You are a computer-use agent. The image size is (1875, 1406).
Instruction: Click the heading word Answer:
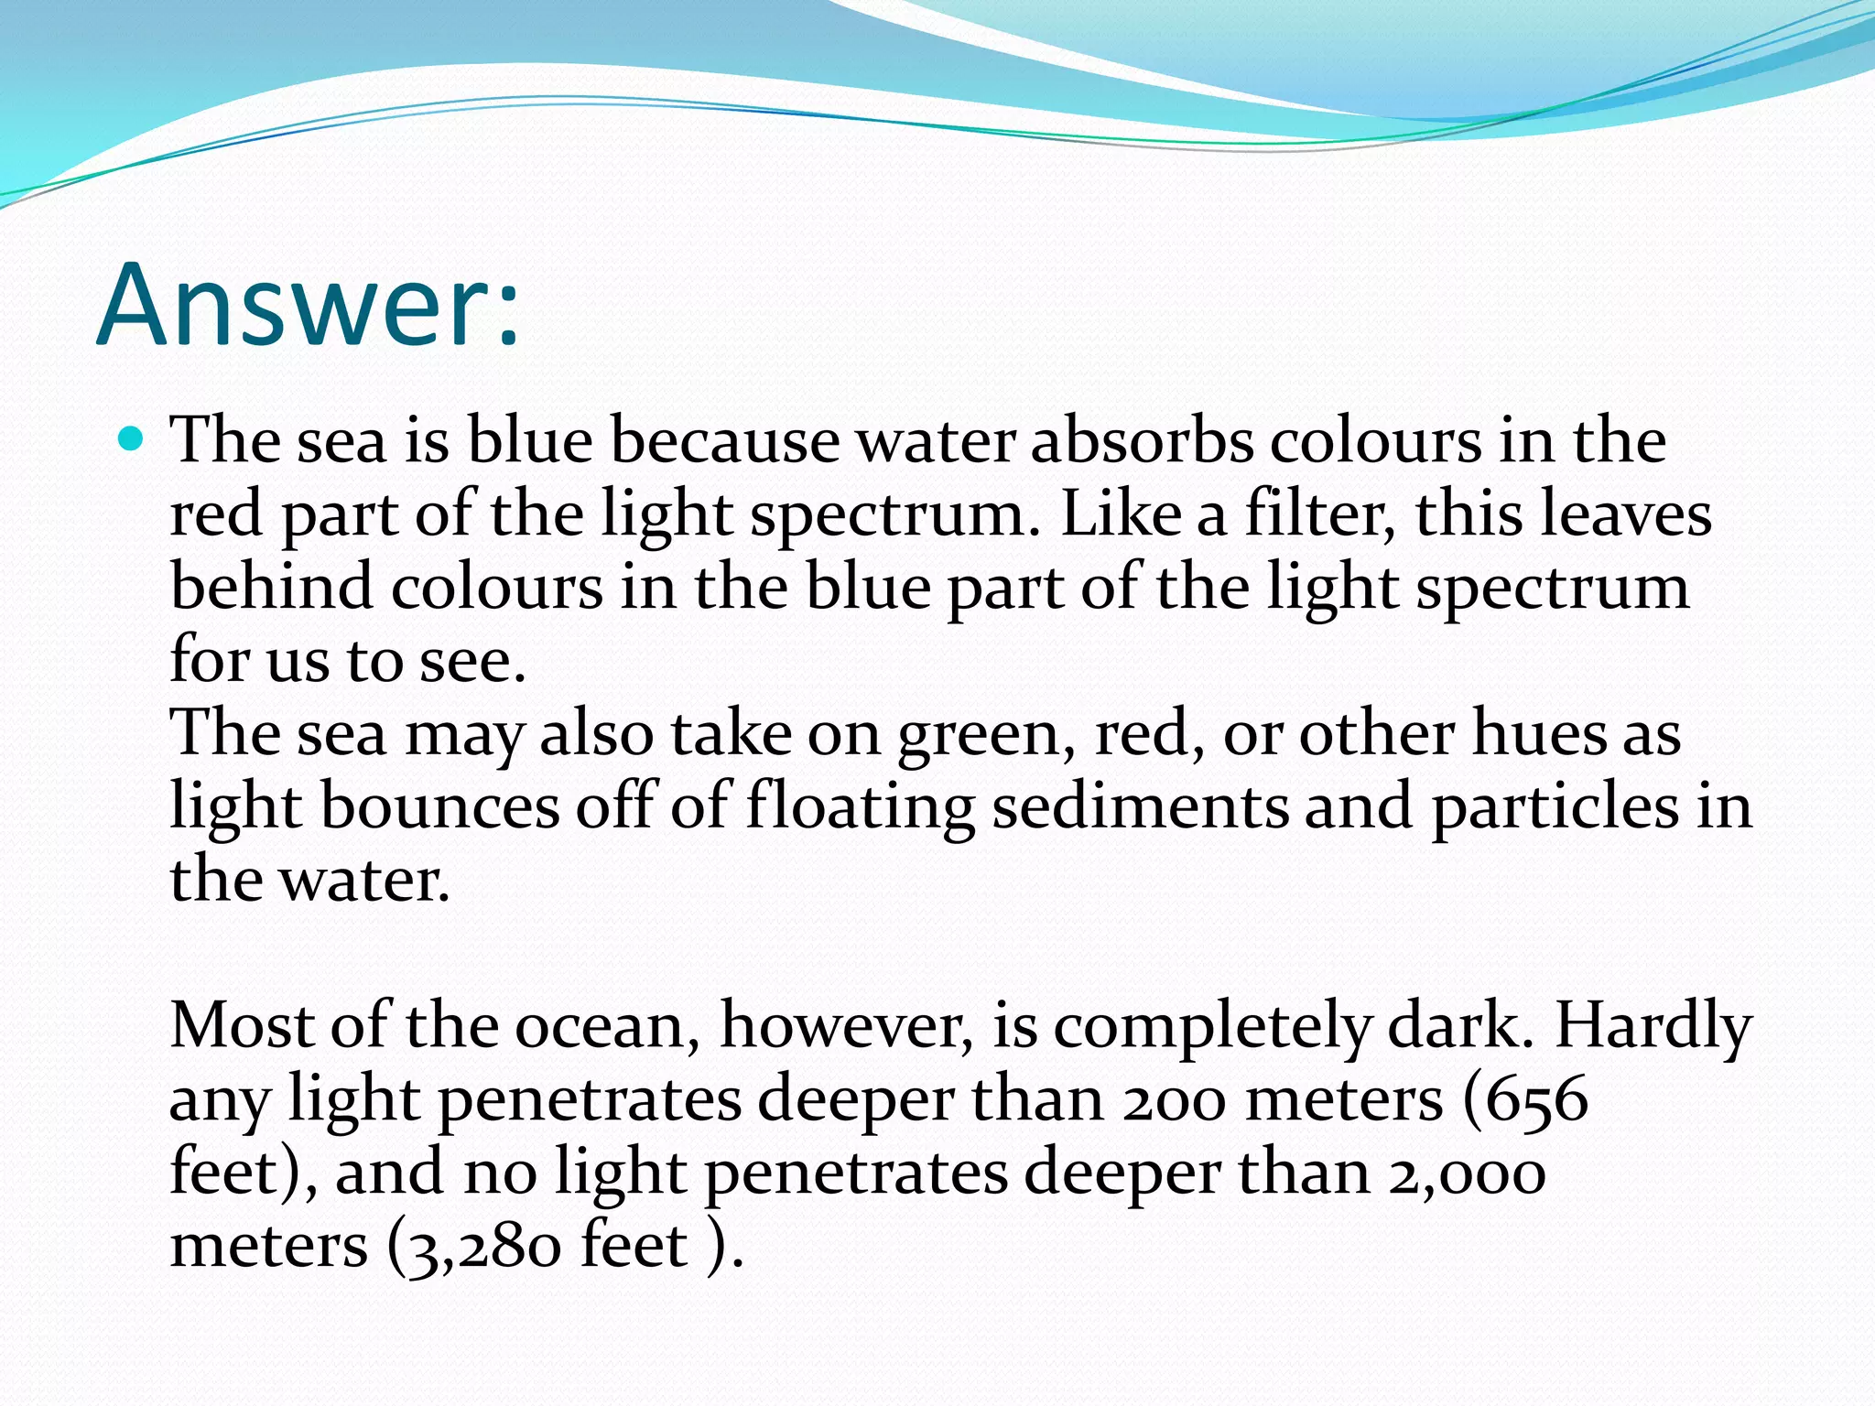click(x=308, y=305)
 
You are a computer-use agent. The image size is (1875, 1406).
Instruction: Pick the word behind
click(x=271, y=587)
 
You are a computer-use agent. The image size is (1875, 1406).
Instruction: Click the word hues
click(x=1538, y=733)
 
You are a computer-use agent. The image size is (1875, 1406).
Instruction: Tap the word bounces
click(x=439, y=806)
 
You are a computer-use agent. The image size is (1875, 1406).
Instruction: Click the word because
click(x=724, y=441)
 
